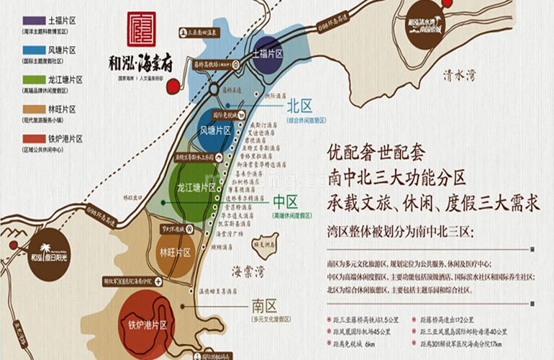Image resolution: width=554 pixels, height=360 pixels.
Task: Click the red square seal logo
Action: tap(141, 29)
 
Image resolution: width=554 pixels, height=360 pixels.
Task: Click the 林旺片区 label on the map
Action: tap(176, 253)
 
